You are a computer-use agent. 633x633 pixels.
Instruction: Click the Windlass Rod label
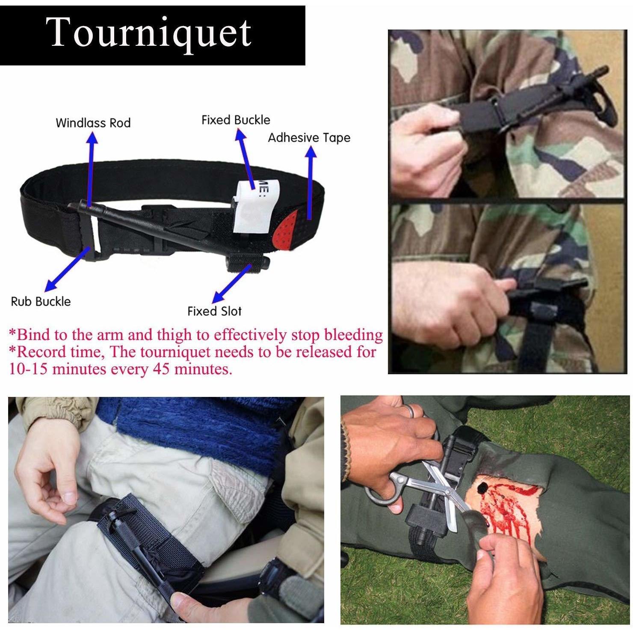tap(93, 123)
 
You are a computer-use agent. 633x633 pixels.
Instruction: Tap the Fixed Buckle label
tap(236, 120)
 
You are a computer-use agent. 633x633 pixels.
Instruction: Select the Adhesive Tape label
tap(309, 138)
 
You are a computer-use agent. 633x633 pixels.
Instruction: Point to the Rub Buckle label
tap(41, 302)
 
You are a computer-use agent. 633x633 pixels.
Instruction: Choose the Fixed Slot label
tap(214, 311)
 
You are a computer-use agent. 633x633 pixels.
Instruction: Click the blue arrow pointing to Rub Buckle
tap(68, 268)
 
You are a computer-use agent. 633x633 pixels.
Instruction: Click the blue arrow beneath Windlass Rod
tap(91, 170)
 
